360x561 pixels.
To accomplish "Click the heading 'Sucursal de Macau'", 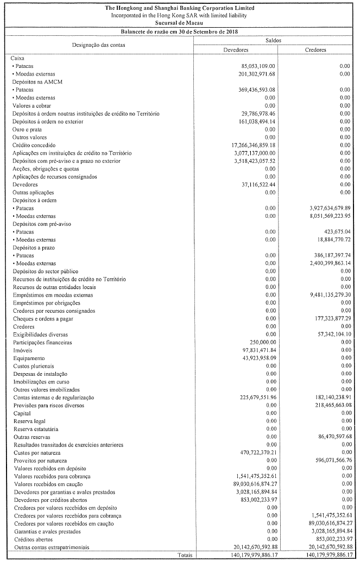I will (x=180, y=23).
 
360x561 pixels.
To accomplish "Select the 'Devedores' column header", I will (x=236, y=49).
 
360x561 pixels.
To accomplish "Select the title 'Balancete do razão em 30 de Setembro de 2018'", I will (x=180, y=32).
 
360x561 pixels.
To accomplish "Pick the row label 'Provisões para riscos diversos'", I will (x=46, y=405).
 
